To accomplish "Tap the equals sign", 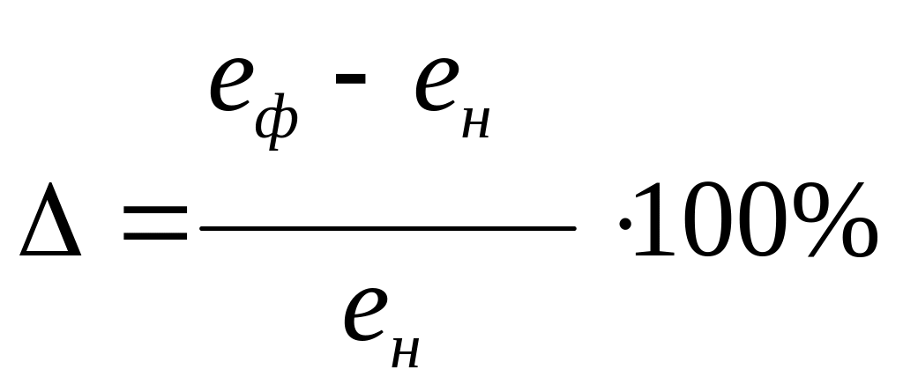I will (155, 224).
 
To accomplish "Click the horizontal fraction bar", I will (388, 229).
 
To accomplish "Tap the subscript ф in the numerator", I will (276, 122).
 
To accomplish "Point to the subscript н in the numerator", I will (474, 124).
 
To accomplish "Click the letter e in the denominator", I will (366, 314).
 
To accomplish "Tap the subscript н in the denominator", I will (402, 351).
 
